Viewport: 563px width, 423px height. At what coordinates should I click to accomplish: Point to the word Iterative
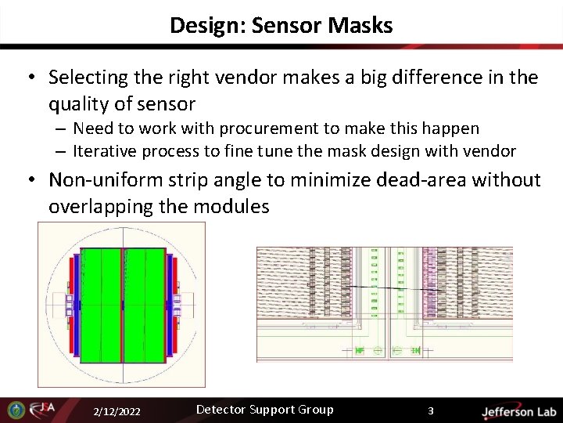(105, 150)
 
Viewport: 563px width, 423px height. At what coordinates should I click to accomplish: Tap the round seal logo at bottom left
(16, 410)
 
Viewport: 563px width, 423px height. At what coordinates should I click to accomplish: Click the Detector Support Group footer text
(264, 410)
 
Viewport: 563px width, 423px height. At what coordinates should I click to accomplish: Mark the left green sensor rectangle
(101, 305)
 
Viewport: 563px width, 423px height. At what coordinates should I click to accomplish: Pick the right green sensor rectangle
(144, 305)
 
